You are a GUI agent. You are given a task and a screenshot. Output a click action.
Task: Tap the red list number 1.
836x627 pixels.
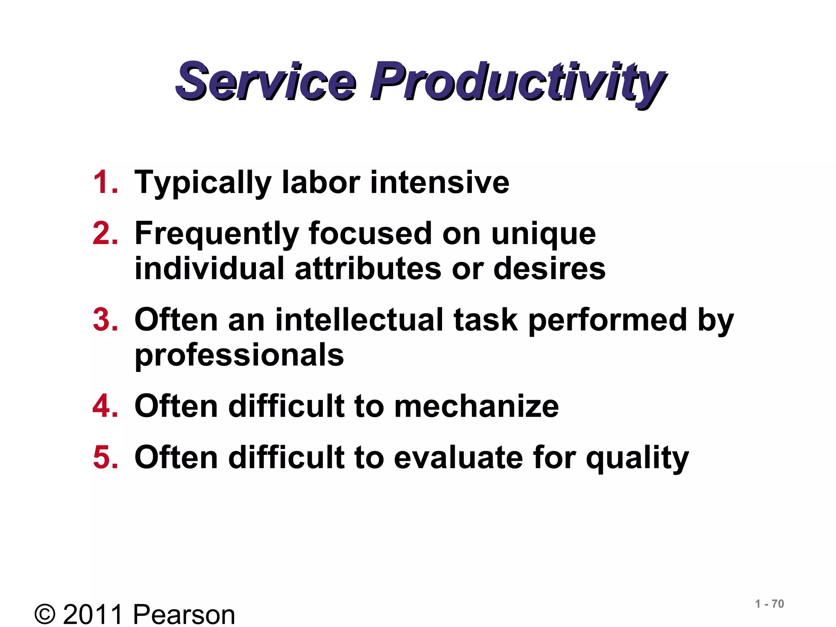coord(105,182)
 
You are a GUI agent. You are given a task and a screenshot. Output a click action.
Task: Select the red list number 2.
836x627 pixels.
coord(105,233)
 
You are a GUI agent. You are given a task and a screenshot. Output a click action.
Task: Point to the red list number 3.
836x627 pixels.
coord(105,320)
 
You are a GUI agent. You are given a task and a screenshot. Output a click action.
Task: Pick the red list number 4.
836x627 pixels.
coord(105,406)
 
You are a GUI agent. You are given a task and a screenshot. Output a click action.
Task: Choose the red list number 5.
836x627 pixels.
coord(105,457)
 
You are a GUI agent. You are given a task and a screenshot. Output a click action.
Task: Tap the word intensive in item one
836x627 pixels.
coord(440,182)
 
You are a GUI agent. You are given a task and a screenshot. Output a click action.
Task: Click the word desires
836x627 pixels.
coord(549,269)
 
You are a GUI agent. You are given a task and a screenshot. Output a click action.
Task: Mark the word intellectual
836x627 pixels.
coord(359,320)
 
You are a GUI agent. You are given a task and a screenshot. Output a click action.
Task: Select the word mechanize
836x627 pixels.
coord(476,406)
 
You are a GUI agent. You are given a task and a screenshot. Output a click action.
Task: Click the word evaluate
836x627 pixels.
coord(458,457)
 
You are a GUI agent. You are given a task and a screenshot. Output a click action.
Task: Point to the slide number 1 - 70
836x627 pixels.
coord(769,604)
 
